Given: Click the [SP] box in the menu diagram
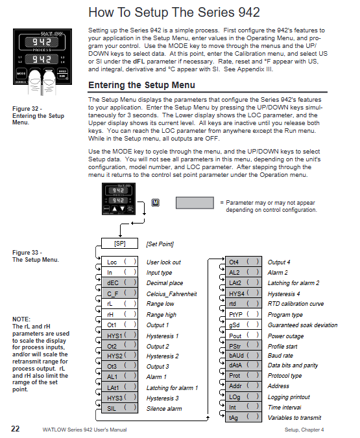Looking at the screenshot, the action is [x=119, y=244].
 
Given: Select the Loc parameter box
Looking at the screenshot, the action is [x=119, y=262].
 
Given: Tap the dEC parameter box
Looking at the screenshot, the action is [x=119, y=282].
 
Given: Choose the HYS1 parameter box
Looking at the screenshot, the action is [x=119, y=335].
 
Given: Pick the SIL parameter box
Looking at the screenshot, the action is [x=119, y=408].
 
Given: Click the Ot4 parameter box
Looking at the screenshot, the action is [x=243, y=262].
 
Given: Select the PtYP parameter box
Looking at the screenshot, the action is [x=243, y=314].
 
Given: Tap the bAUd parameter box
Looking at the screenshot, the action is [x=243, y=355].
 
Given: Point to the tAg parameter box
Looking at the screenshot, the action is [x=243, y=417].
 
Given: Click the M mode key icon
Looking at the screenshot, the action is [x=155, y=203].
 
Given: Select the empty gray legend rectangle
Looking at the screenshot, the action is [x=195, y=203].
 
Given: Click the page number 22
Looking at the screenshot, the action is [x=16, y=429].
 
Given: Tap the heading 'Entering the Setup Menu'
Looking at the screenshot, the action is [x=141, y=85].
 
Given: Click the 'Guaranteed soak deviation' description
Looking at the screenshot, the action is [x=303, y=325].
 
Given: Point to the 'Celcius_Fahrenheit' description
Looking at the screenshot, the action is [x=171, y=294].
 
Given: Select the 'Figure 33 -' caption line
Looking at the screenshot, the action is [x=27, y=253].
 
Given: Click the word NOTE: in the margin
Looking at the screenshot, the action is [x=21, y=319].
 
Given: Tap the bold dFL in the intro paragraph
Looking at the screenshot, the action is [x=139, y=62].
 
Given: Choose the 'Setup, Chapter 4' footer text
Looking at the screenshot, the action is [x=304, y=430].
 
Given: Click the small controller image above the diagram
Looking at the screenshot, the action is [x=119, y=199].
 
